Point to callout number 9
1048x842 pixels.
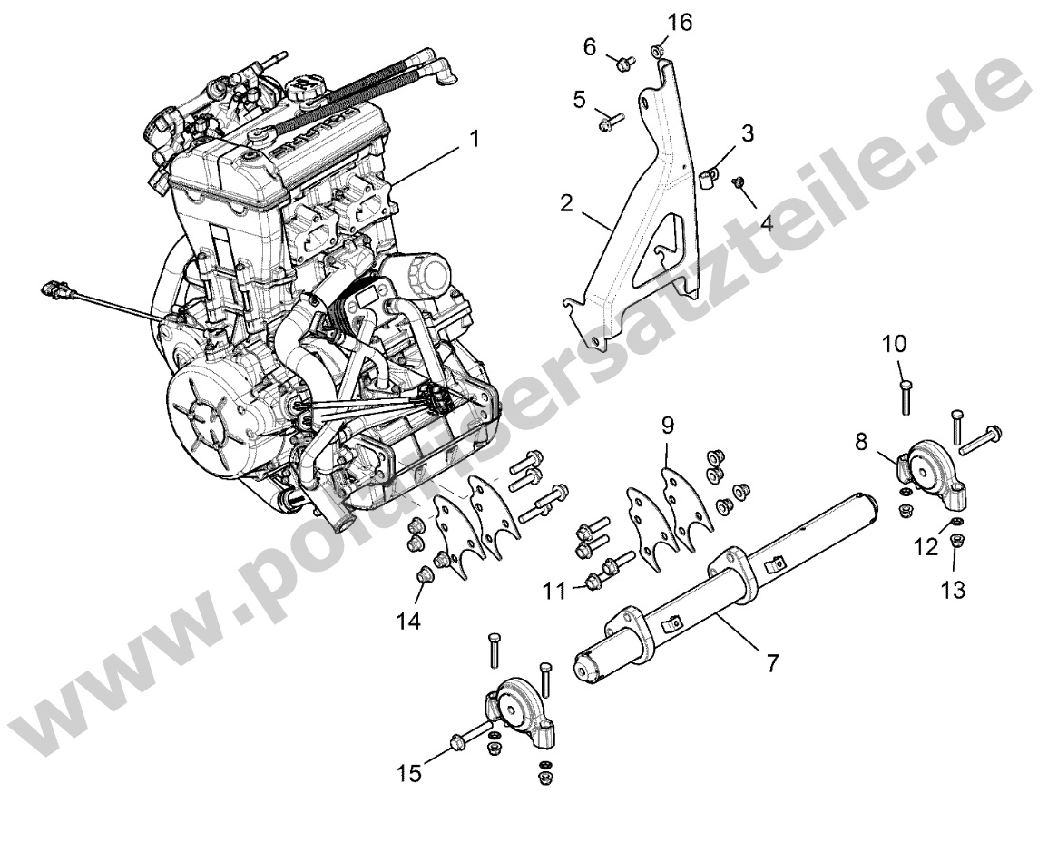click(x=667, y=425)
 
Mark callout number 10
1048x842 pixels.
click(x=893, y=345)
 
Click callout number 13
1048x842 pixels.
click(x=953, y=590)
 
